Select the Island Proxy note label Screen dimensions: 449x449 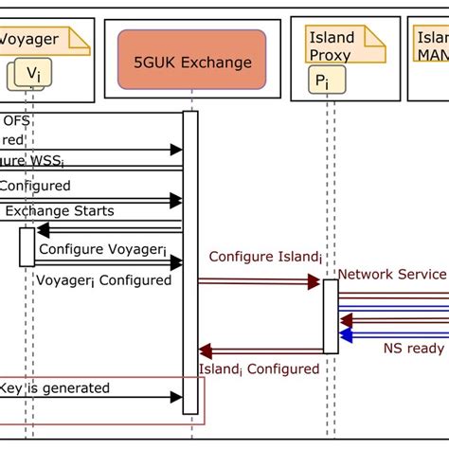click(x=332, y=46)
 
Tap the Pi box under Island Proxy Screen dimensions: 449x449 click(x=323, y=81)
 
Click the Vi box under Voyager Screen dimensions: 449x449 click(x=33, y=73)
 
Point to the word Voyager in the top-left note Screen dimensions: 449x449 click(x=31, y=40)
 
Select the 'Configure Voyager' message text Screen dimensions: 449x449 click(x=101, y=249)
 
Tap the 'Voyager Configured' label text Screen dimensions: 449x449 click(x=103, y=279)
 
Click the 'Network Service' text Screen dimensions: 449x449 click(x=390, y=274)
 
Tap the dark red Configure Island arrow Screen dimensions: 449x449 click(x=260, y=281)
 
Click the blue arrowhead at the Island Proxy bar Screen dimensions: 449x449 click(x=347, y=334)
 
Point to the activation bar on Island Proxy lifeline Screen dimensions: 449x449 click(x=331, y=315)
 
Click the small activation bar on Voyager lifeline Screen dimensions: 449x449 click(x=27, y=246)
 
